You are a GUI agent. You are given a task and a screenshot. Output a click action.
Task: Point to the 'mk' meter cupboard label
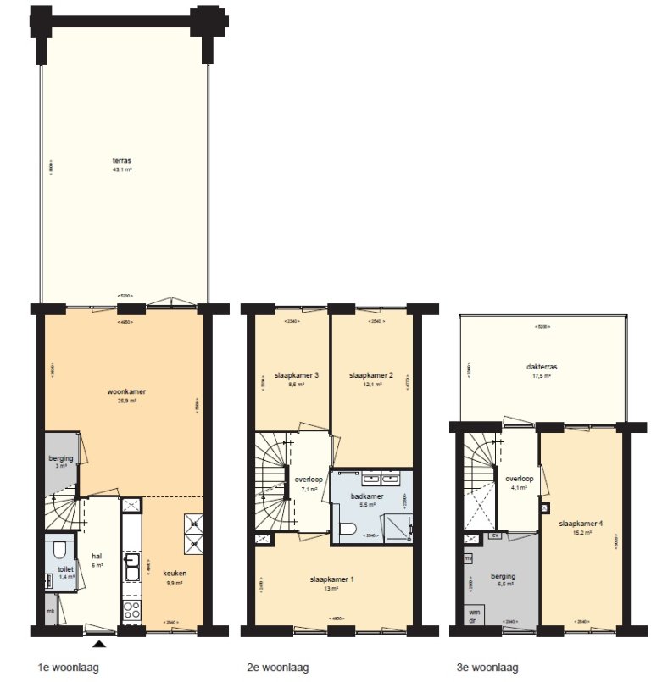50,611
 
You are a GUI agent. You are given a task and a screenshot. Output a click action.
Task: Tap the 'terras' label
123,159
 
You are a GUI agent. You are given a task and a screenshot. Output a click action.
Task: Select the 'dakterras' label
540,367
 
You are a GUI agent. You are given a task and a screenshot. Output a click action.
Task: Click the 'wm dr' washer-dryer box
471,614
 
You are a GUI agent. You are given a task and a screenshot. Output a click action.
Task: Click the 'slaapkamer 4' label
581,523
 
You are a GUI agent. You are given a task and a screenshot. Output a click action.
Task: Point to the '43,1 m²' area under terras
123,169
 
